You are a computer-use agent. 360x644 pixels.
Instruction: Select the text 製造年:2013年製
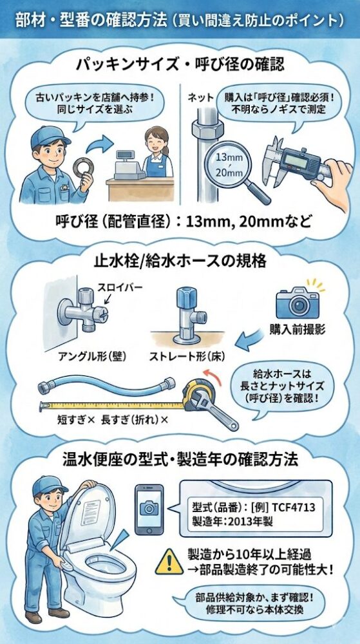[x=235, y=522]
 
